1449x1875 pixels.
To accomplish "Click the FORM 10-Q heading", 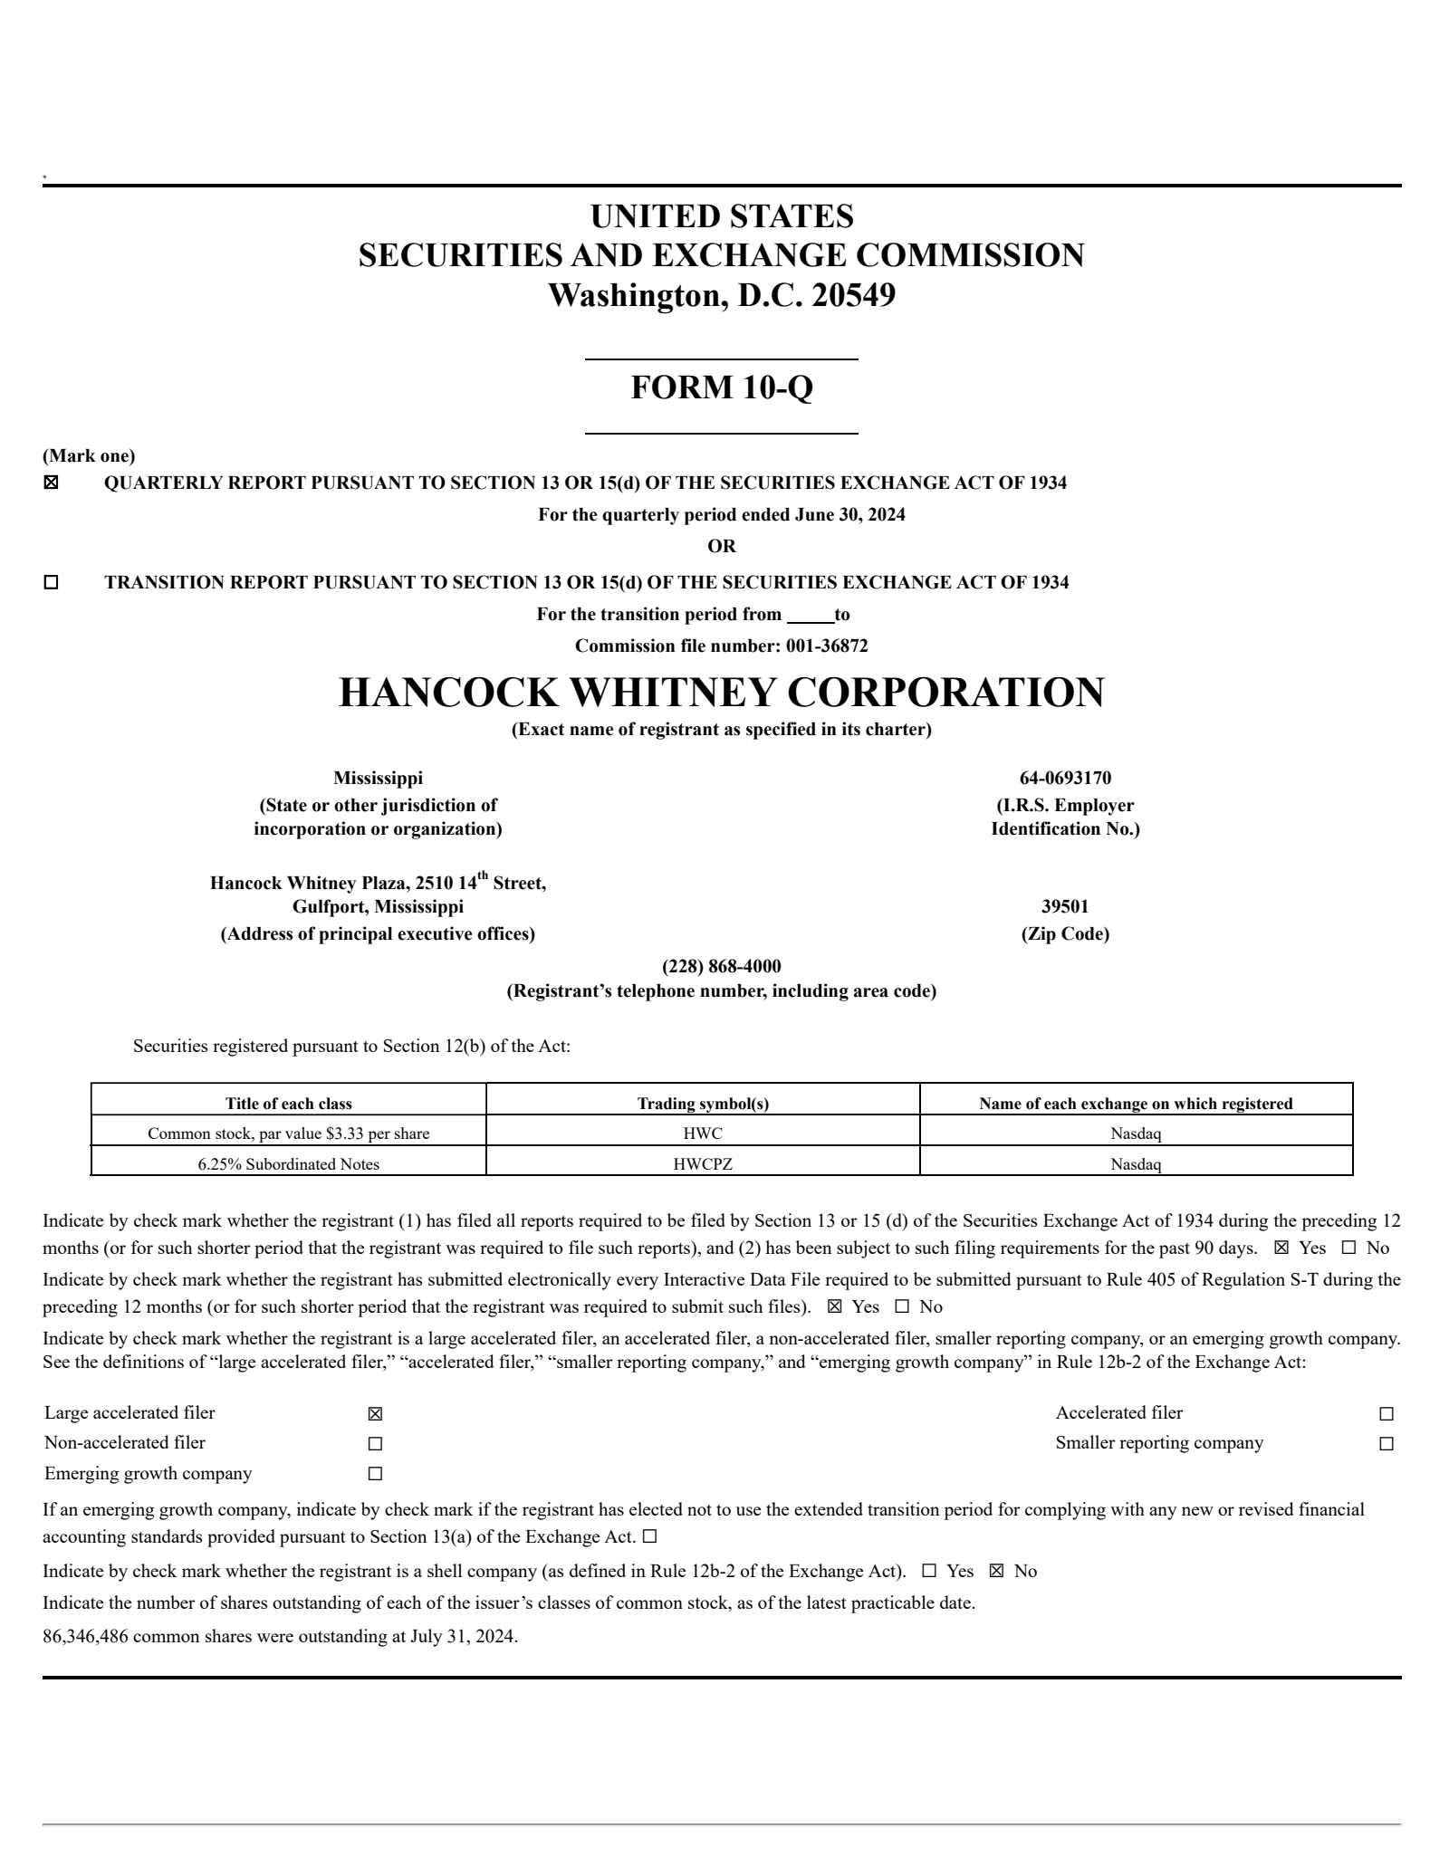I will click(722, 387).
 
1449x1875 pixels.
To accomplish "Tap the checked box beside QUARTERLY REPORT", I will click(52, 483).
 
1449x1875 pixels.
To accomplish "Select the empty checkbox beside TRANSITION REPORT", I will click(52, 583).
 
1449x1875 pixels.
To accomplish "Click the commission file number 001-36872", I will click(827, 646).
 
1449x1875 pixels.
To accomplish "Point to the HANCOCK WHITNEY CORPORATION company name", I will click(722, 693).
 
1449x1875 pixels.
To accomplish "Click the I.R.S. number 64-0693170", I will click(1065, 778).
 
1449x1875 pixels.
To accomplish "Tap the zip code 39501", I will click(1065, 906).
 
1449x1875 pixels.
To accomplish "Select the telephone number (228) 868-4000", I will click(722, 966).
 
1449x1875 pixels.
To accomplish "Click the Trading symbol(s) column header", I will click(703, 1104).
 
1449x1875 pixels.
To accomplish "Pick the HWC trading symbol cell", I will click(703, 1134).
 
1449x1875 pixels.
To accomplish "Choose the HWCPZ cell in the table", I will click(703, 1164).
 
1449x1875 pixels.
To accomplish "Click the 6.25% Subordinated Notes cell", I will click(288, 1164).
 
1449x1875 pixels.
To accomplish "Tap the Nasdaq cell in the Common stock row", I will click(1136, 1134).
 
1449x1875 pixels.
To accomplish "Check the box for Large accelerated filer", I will click(376, 1414).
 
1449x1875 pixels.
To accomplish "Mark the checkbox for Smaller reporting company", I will click(1387, 1444).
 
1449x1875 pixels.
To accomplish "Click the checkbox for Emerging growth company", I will click(376, 1474).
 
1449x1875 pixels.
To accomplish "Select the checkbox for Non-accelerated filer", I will click(376, 1444).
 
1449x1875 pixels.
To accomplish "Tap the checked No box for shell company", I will click(997, 1572).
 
